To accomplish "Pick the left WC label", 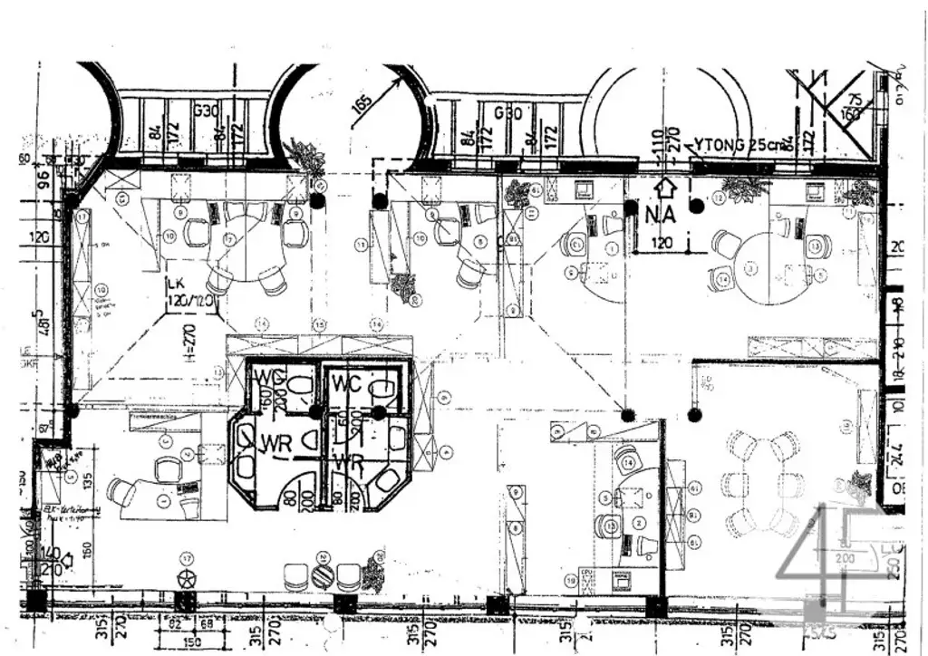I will click(x=271, y=377).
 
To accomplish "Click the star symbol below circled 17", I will click(x=188, y=579).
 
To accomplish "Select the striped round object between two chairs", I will click(x=323, y=576).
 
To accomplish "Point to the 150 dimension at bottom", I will click(x=189, y=642).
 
